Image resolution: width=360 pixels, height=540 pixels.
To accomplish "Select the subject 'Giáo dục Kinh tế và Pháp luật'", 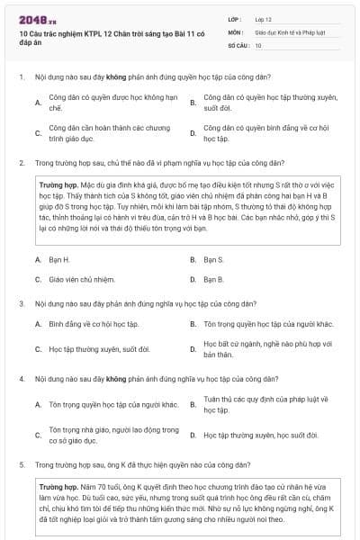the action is click(x=290, y=31).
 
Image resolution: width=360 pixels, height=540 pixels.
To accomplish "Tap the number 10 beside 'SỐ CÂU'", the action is click(x=258, y=45).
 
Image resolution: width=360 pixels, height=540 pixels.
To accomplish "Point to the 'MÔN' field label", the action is click(x=236, y=31).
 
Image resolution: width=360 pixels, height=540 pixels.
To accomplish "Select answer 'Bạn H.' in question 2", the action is click(x=59, y=258).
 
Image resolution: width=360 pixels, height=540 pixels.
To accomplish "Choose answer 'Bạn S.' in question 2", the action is click(x=213, y=258).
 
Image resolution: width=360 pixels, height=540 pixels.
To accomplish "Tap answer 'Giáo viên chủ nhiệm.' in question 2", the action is click(x=82, y=278).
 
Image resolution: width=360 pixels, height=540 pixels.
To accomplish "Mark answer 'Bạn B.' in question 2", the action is click(x=213, y=278).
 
